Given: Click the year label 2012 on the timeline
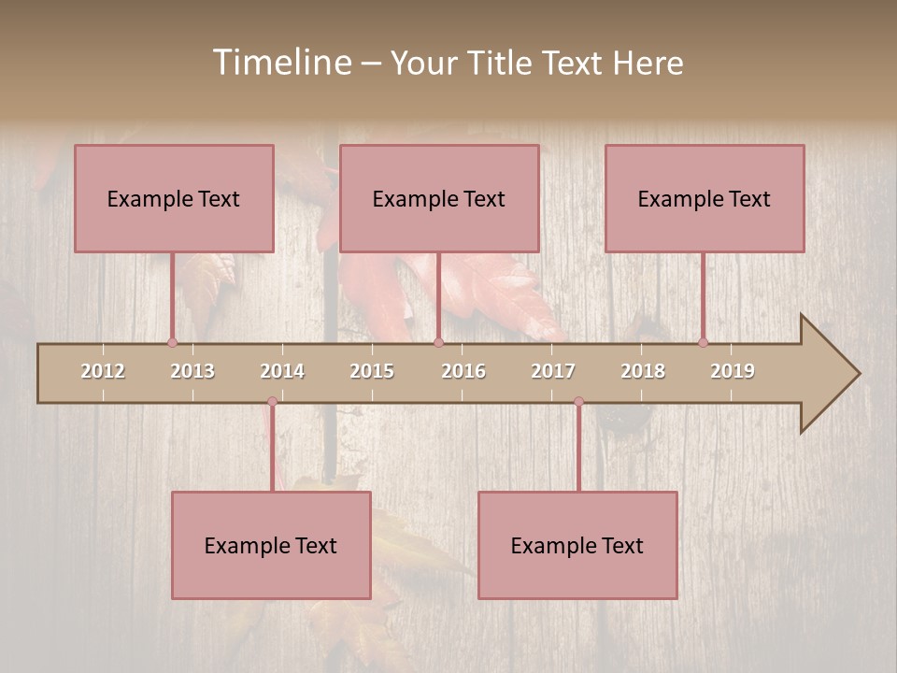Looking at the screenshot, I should tap(103, 371).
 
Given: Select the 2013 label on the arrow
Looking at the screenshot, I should tap(192, 371).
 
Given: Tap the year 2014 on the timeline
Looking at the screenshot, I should tap(282, 371).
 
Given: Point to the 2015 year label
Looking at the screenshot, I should tap(372, 371).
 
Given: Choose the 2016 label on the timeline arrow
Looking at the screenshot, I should tap(463, 371).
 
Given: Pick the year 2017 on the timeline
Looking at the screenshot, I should tap(553, 371).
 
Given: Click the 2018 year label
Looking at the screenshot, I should tap(643, 371).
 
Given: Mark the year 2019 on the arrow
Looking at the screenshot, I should tap(733, 371).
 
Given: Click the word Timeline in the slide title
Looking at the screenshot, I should tap(281, 63).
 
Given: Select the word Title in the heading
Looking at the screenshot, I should tap(503, 63).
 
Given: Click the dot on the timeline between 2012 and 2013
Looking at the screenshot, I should tap(172, 342).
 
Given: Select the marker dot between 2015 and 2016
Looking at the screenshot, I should tap(438, 342).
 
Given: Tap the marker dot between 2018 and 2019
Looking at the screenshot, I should tap(703, 342).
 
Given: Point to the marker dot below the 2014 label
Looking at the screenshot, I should tap(272, 402).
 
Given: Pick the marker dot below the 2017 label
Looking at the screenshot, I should tap(578, 402).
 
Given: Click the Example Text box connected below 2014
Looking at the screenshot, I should tap(271, 545).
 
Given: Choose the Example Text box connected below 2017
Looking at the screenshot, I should tap(577, 545).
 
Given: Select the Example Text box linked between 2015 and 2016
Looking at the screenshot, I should tap(439, 198).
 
